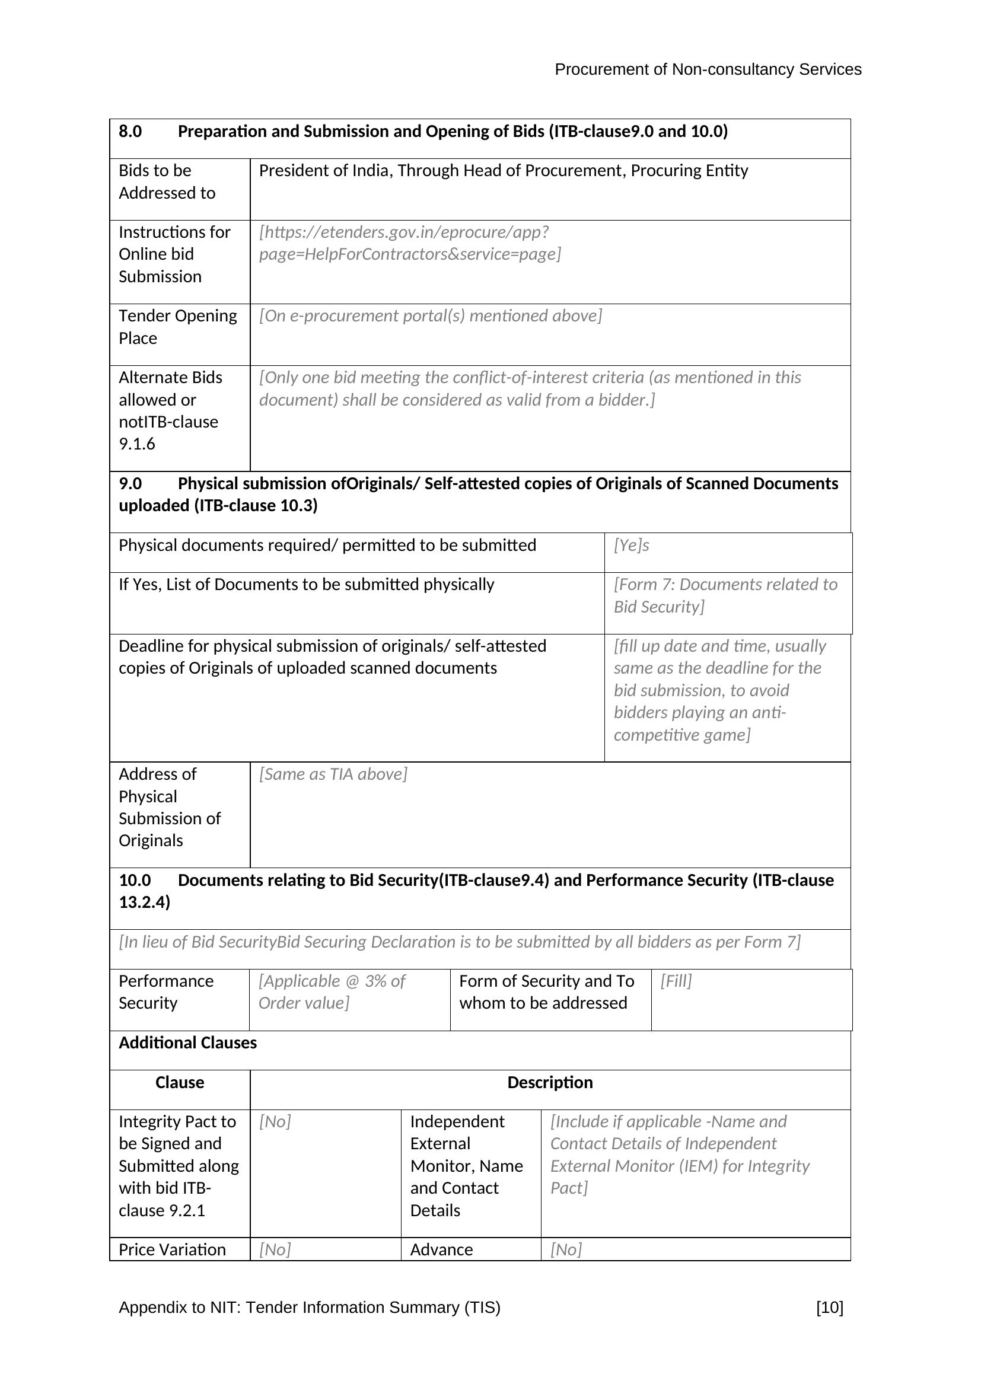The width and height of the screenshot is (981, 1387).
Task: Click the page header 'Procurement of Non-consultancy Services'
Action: click(x=708, y=70)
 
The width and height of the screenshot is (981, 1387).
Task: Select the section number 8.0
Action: click(x=130, y=132)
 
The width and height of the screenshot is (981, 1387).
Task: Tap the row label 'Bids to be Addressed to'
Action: click(x=167, y=182)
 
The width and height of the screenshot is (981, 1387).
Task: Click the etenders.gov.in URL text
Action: click(x=410, y=244)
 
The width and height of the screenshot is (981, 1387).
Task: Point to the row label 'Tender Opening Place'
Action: click(x=177, y=327)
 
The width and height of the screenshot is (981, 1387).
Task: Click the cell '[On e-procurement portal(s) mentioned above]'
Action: click(x=430, y=316)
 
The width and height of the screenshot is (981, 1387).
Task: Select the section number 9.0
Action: click(x=130, y=484)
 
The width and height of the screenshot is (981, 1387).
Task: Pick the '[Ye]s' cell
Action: click(x=631, y=546)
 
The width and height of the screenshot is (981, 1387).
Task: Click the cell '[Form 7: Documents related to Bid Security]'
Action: click(x=725, y=595)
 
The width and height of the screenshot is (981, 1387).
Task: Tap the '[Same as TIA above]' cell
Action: click(x=333, y=774)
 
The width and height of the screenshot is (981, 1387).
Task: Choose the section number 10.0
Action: click(x=134, y=881)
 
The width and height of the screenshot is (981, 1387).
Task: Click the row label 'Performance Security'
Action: click(x=165, y=992)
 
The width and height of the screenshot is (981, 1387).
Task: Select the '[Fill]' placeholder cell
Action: click(x=676, y=981)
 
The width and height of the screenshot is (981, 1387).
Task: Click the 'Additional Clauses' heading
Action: click(x=187, y=1043)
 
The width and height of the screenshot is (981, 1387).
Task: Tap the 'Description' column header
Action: click(x=550, y=1083)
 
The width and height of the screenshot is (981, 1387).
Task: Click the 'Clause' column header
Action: click(x=179, y=1083)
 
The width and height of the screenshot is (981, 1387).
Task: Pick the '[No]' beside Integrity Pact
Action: click(x=275, y=1122)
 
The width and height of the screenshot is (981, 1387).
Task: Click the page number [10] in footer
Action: click(x=829, y=1308)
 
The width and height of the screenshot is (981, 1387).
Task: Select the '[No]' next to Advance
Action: click(x=566, y=1250)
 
